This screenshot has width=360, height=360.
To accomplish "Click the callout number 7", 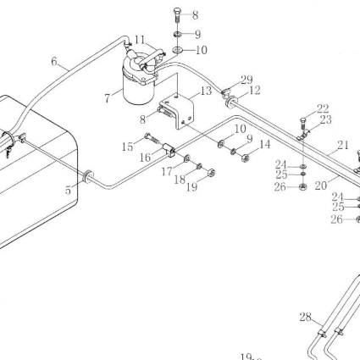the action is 107,98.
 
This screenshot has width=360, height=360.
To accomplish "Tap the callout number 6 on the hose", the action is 54,61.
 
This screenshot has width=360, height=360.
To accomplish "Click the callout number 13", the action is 206,91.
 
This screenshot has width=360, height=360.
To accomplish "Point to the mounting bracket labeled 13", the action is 177,112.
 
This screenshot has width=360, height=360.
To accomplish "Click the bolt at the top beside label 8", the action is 177,15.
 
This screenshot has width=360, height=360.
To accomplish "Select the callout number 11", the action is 139,40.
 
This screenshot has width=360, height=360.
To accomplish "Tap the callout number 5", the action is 68,191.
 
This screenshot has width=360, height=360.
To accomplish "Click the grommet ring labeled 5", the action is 88,176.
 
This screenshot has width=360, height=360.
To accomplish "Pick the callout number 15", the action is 127,147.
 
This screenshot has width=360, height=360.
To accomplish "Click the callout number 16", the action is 145,158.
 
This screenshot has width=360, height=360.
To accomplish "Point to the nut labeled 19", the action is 212,172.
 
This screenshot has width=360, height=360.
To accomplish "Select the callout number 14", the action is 264,145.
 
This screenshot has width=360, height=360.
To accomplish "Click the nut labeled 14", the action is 245,158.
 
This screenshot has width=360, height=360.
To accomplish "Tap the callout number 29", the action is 246,80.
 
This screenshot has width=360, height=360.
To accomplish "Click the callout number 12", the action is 254,91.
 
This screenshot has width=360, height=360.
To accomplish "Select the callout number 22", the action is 323,108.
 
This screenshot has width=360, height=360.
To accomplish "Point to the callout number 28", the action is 306,317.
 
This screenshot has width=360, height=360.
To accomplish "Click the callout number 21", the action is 343,145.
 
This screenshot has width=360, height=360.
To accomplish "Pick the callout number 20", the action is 320,186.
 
